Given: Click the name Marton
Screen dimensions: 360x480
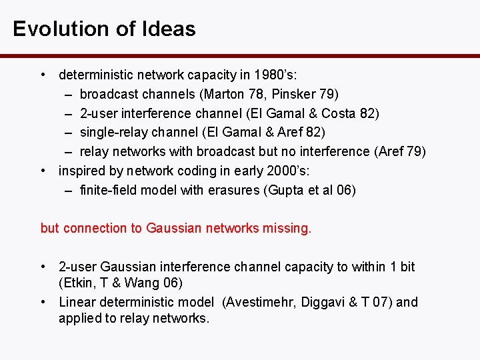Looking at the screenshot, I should pyautogui.click(x=222, y=94).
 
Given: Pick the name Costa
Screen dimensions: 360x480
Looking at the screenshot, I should pyautogui.click(x=339, y=113).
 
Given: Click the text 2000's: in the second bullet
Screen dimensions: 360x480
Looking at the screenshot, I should pyautogui.click(x=273, y=171).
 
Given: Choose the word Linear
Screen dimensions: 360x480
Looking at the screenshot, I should pyautogui.click(x=76, y=302).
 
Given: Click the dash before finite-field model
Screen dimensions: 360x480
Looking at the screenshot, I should pyautogui.click(x=69, y=191).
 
